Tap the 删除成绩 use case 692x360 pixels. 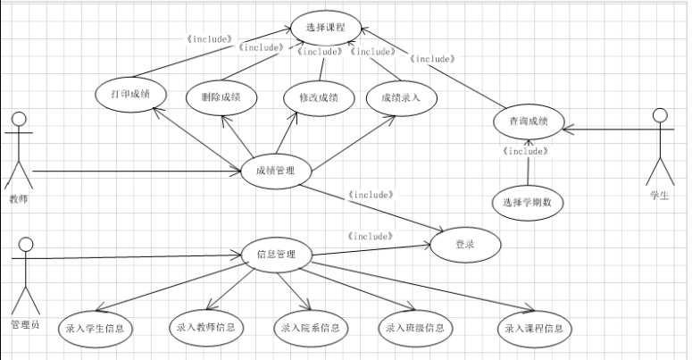pyautogui.click(x=222, y=96)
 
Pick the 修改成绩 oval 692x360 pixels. pyautogui.click(x=312, y=96)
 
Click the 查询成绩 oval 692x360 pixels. pyautogui.click(x=529, y=121)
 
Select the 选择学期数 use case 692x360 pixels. pyautogui.click(x=529, y=201)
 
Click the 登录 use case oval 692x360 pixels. pyautogui.click(x=465, y=243)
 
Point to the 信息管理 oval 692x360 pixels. pyautogui.click(x=276, y=255)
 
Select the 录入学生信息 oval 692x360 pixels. pyautogui.click(x=95, y=329)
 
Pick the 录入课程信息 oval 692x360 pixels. pyautogui.click(x=533, y=328)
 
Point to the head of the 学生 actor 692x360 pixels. pyautogui.click(x=660, y=115)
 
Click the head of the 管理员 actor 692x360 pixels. pyautogui.click(x=25, y=243)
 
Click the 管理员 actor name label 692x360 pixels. pyautogui.click(x=25, y=324)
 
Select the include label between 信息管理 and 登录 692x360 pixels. pyautogui.click(x=369, y=237)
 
